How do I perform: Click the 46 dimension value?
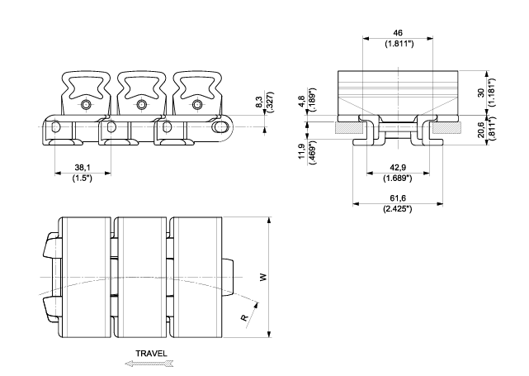click(x=398, y=33)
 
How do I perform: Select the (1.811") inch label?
click(x=399, y=44)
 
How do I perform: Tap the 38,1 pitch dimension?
click(x=83, y=167)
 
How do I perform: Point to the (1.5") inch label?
click(x=82, y=178)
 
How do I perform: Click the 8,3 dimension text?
click(x=259, y=102)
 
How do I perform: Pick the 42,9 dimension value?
click(x=398, y=167)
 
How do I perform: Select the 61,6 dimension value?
click(x=398, y=198)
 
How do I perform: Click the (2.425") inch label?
click(x=398, y=209)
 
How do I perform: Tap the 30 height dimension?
click(x=481, y=93)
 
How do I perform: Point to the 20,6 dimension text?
click(x=481, y=130)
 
